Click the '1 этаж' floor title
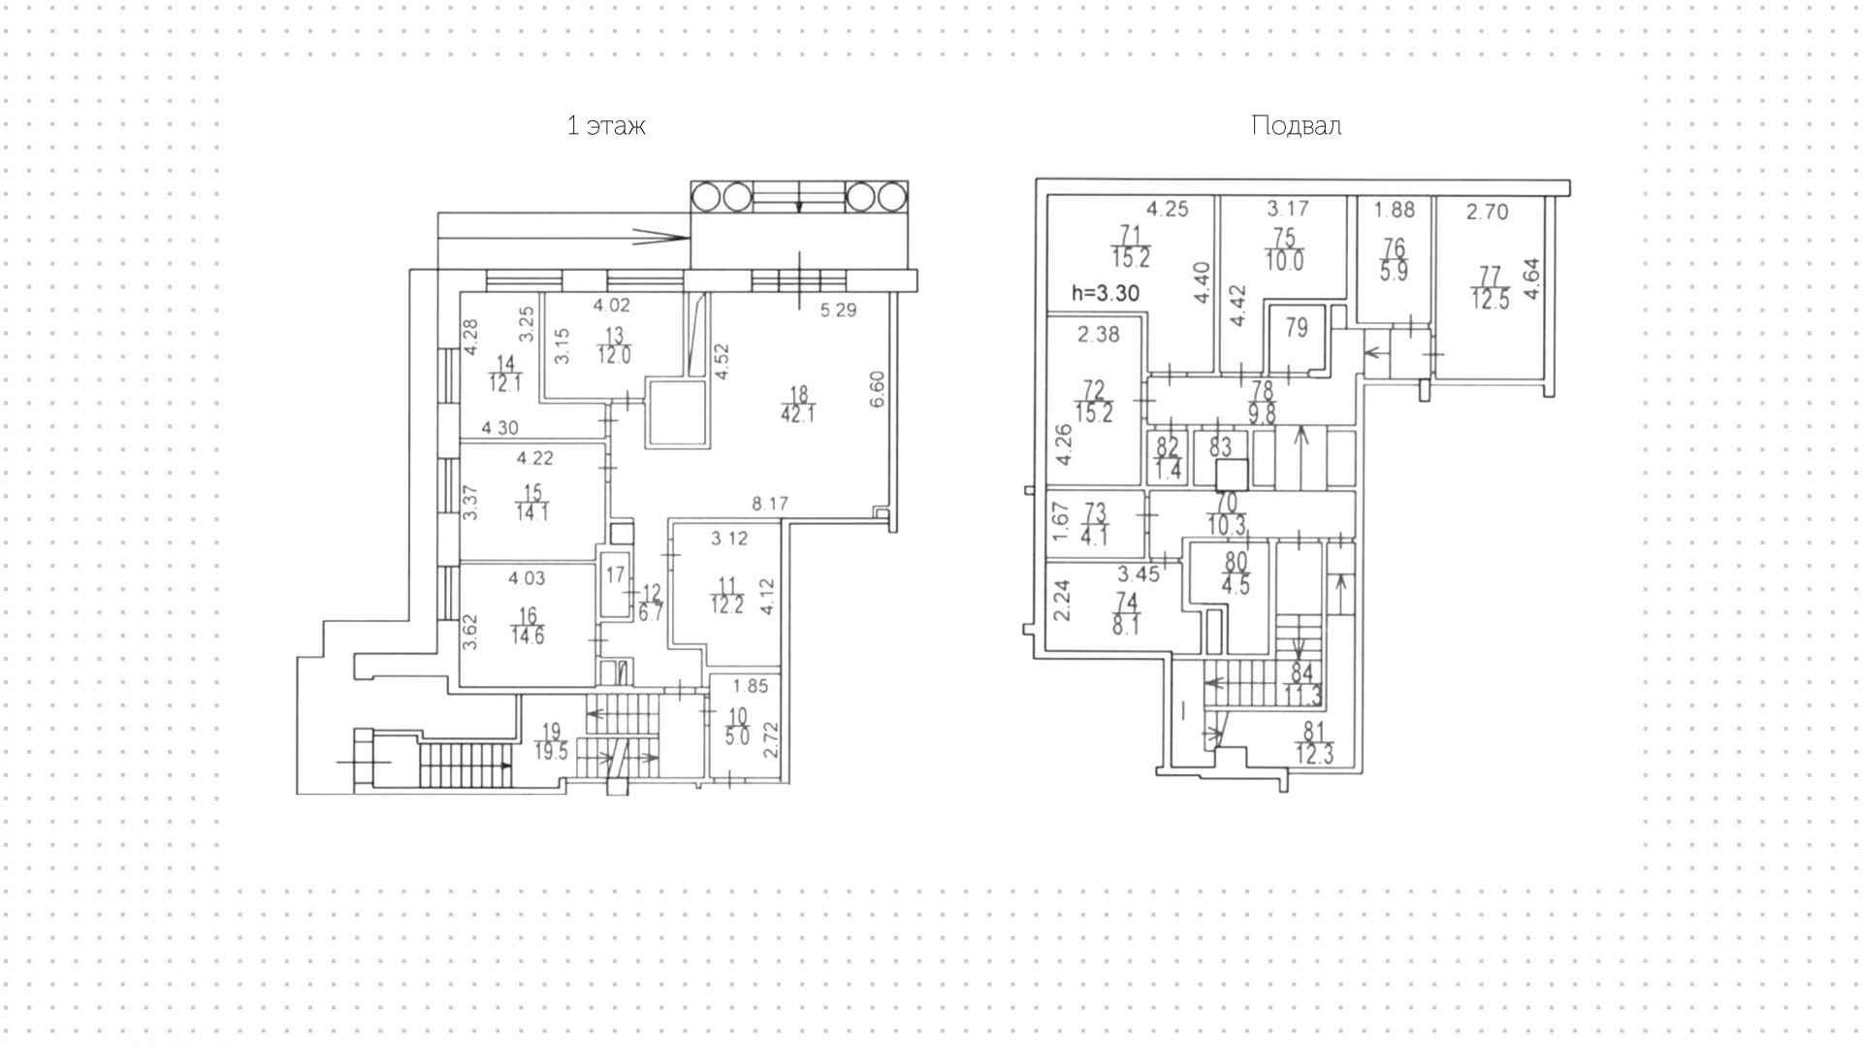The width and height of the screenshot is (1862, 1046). pos(606,126)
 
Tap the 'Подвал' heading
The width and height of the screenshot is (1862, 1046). pos(1296,126)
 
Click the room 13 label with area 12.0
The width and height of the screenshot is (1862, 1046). pos(613,344)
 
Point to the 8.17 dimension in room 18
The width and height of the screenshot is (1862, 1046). pos(771,504)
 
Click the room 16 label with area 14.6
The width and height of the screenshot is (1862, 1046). pos(528,627)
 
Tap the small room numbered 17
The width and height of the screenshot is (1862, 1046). pos(615,575)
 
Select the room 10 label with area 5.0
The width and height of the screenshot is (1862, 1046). pos(738,726)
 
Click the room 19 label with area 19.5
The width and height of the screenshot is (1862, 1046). pos(551,741)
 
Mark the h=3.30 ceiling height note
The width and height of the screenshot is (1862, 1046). pos(1105,293)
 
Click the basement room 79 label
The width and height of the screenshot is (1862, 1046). pos(1296,328)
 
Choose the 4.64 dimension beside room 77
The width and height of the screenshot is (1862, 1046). pos(1533,280)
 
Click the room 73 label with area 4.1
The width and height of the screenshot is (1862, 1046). pos(1094,525)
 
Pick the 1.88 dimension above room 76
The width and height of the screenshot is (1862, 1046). pos(1395,209)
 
